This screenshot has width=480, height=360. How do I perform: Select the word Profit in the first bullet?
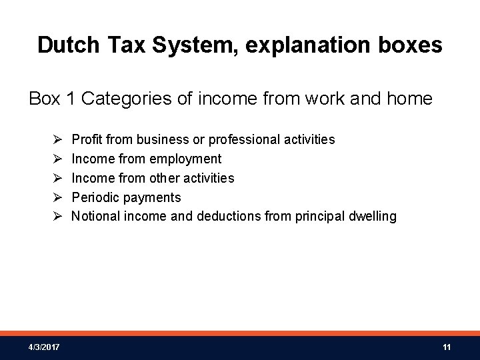(x=85, y=139)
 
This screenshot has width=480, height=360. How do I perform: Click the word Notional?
(x=95, y=217)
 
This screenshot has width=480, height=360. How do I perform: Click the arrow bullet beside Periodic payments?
(x=57, y=197)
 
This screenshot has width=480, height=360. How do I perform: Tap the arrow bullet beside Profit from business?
(x=57, y=139)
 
